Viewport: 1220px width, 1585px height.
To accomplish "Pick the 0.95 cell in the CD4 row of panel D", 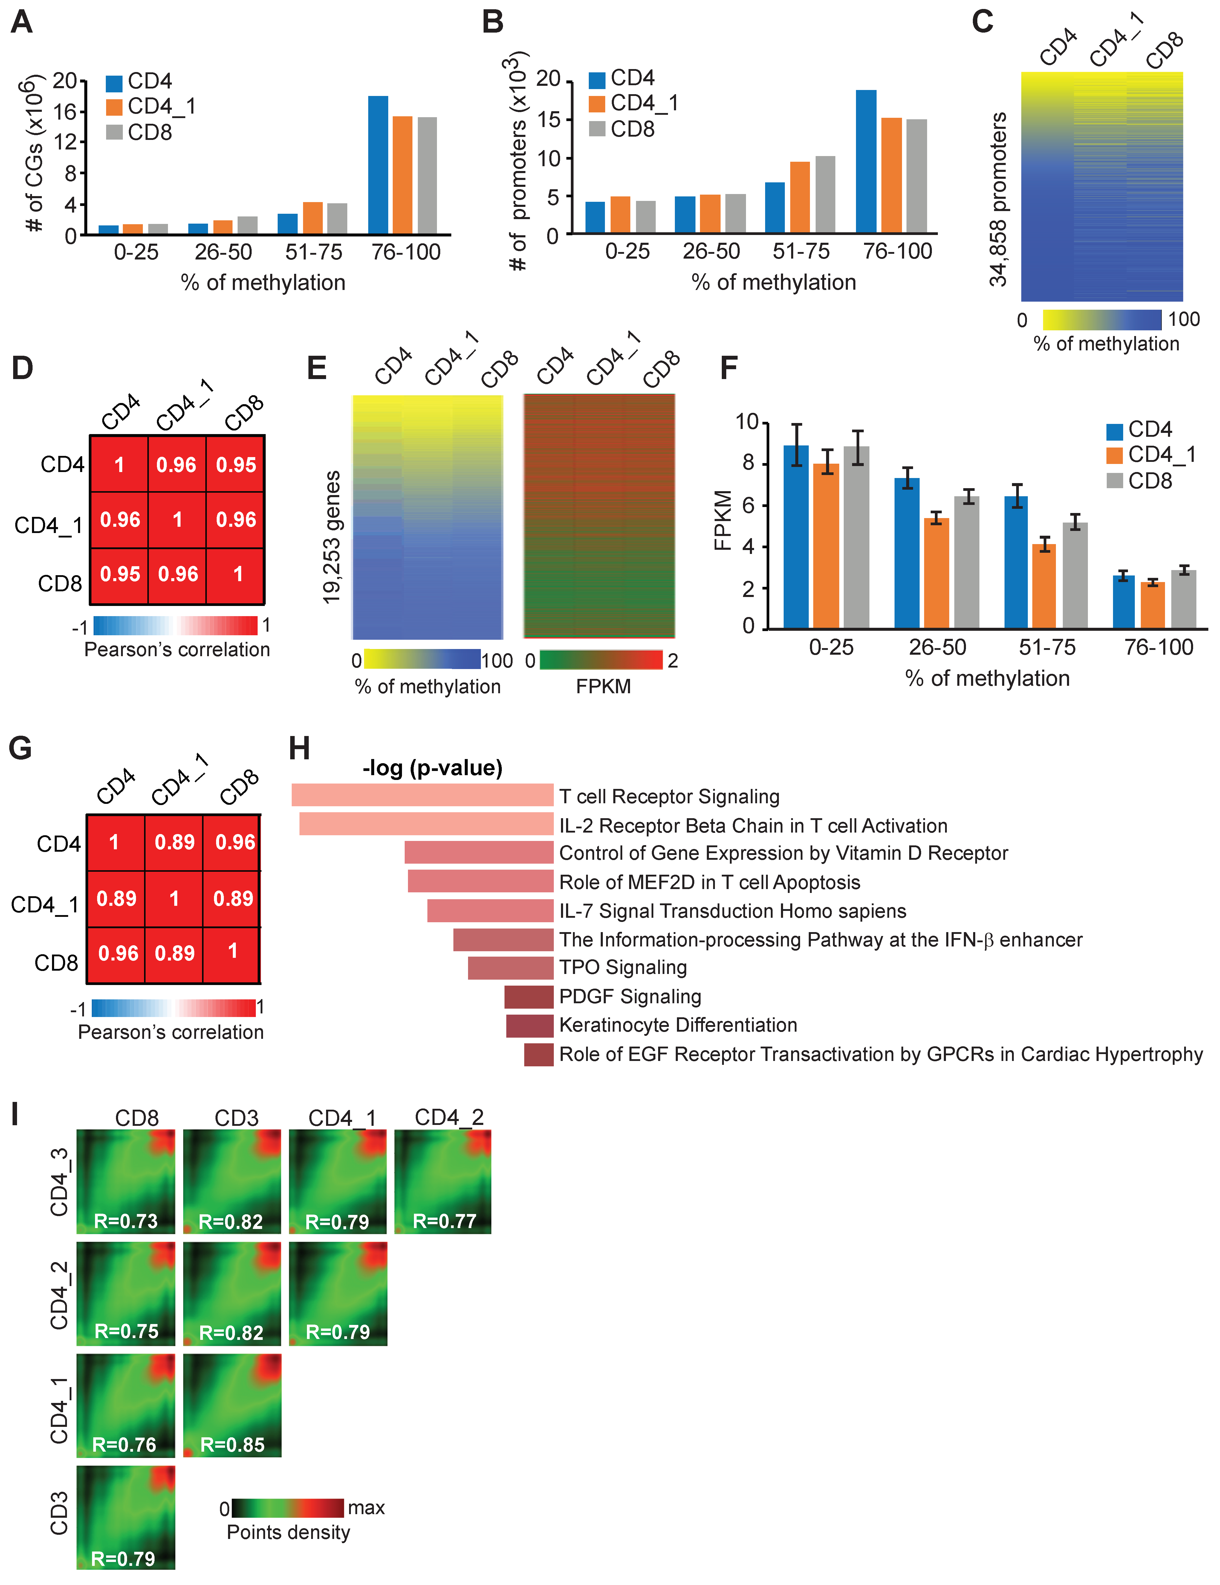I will (x=236, y=465).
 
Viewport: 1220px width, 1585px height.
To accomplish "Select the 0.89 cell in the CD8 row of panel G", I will (x=175, y=953).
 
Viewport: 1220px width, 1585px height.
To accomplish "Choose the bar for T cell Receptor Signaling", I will (x=422, y=795).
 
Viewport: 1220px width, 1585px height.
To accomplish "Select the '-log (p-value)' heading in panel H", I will (x=432, y=768).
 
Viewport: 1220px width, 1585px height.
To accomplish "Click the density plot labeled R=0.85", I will (x=232, y=1406).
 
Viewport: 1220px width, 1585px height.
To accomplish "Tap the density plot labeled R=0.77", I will (x=443, y=1181).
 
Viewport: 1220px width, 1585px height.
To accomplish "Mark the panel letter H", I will (x=299, y=748).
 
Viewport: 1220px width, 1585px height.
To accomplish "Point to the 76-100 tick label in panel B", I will (x=897, y=251).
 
